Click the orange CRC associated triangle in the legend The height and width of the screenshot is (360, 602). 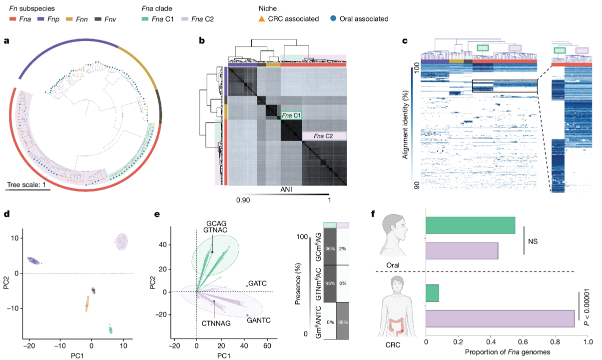point(262,19)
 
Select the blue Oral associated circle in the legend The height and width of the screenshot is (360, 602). point(333,19)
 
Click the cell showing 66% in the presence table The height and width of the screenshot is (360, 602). point(343,321)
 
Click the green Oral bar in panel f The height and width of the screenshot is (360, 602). point(470,225)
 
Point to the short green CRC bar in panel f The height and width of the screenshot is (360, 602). point(432,293)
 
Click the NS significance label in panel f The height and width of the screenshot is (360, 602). point(534,240)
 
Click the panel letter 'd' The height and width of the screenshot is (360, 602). point(6,214)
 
